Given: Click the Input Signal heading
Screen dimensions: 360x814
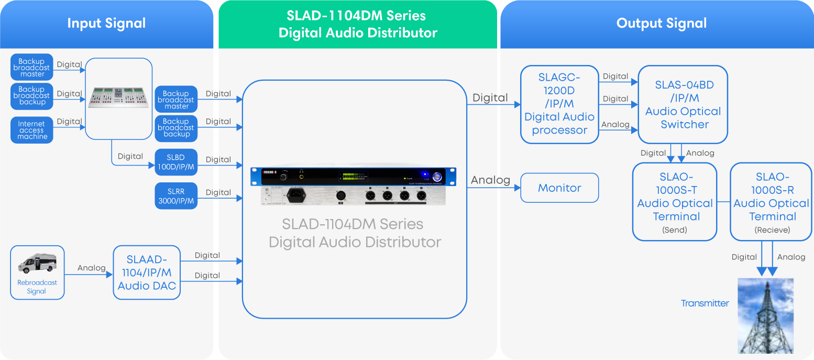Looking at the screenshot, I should [106, 24].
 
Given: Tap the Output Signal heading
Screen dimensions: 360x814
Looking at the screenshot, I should [661, 24].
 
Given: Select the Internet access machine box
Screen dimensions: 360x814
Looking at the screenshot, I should [32, 130].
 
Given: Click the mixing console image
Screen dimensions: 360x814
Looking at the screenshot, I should [118, 98].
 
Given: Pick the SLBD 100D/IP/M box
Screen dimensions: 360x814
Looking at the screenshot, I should [176, 162].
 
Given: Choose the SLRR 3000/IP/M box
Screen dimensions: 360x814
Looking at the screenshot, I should [176, 196].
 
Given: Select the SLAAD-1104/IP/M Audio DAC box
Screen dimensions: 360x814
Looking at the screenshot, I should [147, 272].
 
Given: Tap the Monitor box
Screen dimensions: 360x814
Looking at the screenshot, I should [559, 188].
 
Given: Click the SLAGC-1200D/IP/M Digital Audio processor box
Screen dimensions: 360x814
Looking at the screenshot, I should [559, 104].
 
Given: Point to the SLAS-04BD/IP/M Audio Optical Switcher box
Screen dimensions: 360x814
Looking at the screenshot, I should [683, 104].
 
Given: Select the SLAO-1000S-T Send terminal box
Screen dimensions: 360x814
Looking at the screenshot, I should [675, 202].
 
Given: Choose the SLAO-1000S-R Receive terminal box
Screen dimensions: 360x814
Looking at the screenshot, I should [771, 202].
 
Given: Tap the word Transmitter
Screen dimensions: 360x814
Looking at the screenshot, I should [705, 303].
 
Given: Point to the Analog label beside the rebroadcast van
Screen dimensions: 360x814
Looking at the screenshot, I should [92, 268].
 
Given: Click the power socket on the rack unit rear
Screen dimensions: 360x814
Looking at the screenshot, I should [296, 195].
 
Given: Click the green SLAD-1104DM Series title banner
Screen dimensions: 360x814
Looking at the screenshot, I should [358, 24].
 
